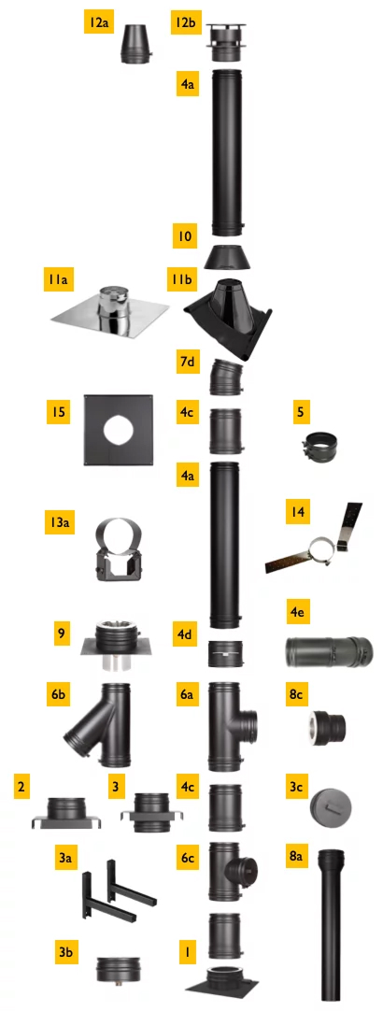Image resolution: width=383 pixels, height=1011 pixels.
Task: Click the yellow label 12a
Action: point(98,23)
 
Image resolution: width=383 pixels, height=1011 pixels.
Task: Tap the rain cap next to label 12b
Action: point(226,43)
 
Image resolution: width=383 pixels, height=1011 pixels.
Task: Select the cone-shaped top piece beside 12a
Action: point(136,44)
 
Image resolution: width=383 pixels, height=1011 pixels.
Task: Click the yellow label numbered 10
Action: point(184,235)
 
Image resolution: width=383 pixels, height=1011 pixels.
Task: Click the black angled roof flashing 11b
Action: point(228,320)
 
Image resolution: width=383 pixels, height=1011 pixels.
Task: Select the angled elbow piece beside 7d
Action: point(225,377)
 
